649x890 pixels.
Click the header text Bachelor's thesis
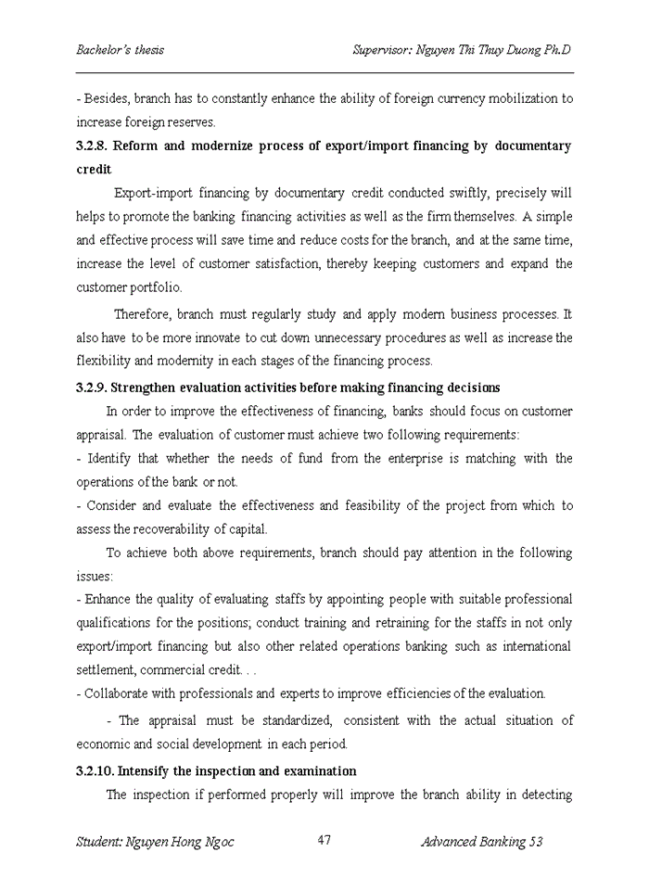click(x=120, y=50)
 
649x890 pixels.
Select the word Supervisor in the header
click(x=385, y=50)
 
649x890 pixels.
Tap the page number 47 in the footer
click(x=324, y=840)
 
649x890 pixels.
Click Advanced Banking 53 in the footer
click(x=481, y=842)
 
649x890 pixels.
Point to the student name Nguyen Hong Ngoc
click(x=155, y=842)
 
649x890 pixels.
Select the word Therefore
click(x=142, y=315)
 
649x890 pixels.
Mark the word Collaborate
click(x=119, y=693)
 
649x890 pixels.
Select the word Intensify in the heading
click(x=145, y=771)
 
